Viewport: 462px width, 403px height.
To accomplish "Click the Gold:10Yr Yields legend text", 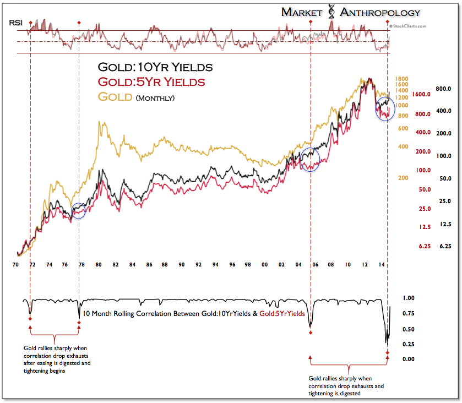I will tap(155, 68).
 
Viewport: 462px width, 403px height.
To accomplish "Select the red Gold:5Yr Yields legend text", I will tap(151, 82).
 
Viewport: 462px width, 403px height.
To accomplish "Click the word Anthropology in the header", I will tap(379, 12).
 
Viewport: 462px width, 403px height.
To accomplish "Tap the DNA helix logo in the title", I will tap(331, 12).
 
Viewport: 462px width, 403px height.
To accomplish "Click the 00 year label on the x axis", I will tap(265, 265).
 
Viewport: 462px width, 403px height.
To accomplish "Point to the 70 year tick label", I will tap(16, 265).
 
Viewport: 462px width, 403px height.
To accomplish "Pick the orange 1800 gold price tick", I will tap(400, 79).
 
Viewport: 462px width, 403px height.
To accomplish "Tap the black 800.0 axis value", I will tap(444, 88).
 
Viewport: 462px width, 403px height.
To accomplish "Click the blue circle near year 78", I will tap(79, 210).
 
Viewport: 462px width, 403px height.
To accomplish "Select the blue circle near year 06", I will tap(311, 160).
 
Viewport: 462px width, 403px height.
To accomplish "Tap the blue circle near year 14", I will tap(385, 108).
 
